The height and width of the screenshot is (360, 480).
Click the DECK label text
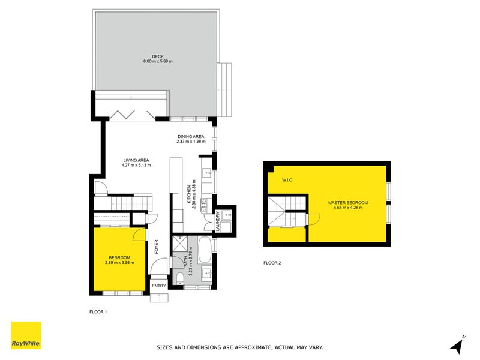[157, 56]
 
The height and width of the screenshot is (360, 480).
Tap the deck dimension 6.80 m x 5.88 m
[157, 61]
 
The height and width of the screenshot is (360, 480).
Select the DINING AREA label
[191, 137]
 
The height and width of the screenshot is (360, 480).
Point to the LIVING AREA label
[136, 160]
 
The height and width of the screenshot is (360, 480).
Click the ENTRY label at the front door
[158, 286]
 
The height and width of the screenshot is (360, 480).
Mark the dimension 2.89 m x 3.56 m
[119, 262]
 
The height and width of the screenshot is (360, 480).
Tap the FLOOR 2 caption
[272, 263]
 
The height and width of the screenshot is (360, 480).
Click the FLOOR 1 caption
[98, 312]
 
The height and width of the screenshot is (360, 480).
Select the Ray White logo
[26, 335]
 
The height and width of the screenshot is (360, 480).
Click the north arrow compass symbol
[457, 345]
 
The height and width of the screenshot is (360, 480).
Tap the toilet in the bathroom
[181, 275]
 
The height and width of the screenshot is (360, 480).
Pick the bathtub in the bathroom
[204, 250]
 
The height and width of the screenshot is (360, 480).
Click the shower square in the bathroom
[179, 244]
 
